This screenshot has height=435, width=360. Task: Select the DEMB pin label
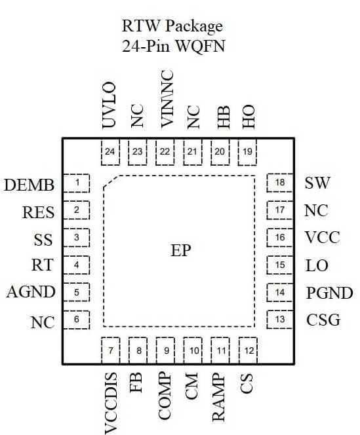pos(30,185)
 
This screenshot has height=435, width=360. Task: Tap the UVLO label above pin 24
pos(110,105)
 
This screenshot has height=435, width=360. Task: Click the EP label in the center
pos(180,251)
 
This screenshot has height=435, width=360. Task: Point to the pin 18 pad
pos(280,183)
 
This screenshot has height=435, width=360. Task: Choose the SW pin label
pos(317,183)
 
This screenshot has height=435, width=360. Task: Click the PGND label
pos(329,293)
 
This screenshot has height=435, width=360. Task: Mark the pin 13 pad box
pos(280,320)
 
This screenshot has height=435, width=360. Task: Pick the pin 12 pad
pos(248,350)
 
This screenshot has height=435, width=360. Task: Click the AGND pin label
pos(31,292)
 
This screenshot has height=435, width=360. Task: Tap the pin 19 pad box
pos(248,152)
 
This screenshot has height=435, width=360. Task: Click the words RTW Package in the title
pos(172,26)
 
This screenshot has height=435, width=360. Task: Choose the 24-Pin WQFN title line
pos(172,48)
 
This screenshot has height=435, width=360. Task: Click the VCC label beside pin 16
pos(322,238)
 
